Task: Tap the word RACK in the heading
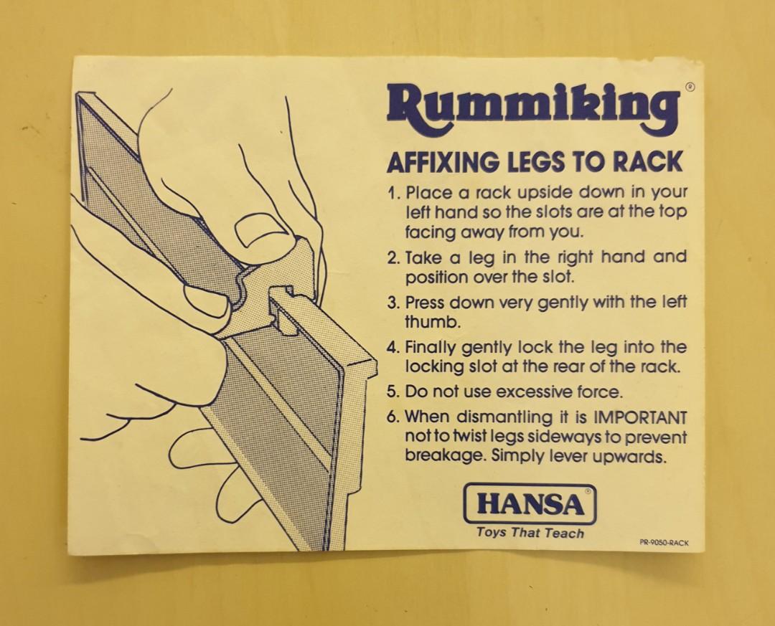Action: pos(647,162)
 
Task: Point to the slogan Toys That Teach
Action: pos(530,533)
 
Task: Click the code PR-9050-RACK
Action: pos(664,543)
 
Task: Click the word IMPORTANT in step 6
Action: pos(642,417)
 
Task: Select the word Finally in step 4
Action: pos(431,348)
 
